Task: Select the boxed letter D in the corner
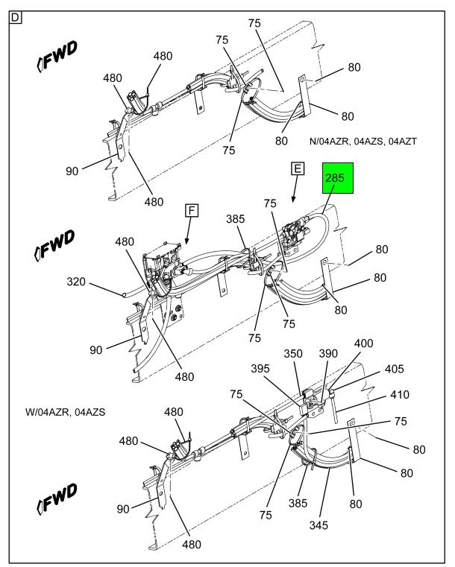(x=14, y=16)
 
